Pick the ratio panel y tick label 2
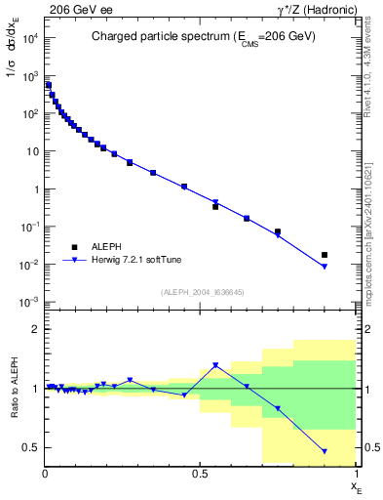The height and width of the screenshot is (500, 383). click(x=36, y=329)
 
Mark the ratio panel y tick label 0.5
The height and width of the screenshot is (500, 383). click(x=32, y=447)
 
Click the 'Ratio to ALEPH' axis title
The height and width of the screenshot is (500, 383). click(x=12, y=389)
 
